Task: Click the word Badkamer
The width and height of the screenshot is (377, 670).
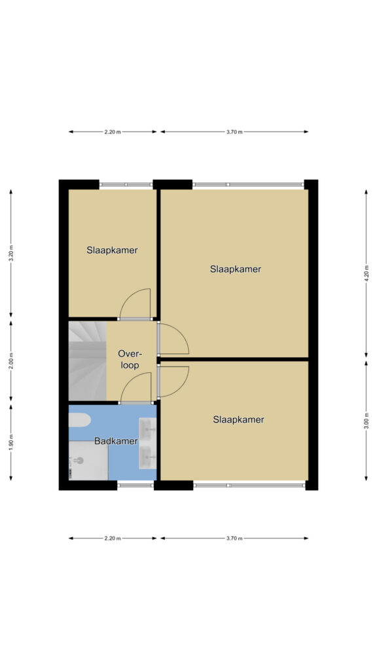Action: click(x=116, y=442)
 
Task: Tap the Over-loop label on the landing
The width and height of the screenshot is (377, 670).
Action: click(x=130, y=360)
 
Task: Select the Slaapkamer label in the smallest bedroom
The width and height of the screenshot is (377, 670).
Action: click(x=112, y=251)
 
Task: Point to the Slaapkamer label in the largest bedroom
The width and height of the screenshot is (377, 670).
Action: click(x=236, y=269)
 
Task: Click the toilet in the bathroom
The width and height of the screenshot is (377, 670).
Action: click(x=79, y=420)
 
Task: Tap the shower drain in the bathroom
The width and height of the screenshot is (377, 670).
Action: click(x=78, y=461)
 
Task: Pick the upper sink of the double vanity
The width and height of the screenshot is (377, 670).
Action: click(x=148, y=429)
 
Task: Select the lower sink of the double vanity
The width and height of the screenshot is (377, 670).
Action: click(x=148, y=457)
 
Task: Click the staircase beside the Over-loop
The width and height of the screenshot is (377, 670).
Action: click(x=88, y=361)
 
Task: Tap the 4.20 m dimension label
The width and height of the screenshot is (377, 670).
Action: click(x=366, y=273)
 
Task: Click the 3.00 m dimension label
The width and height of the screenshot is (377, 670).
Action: click(x=366, y=421)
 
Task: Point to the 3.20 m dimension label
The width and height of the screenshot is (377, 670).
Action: click(x=11, y=253)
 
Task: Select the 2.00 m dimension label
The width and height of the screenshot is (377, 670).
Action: click(x=11, y=361)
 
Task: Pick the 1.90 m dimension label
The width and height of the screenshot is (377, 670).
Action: click(x=11, y=442)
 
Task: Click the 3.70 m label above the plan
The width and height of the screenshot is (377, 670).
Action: click(x=234, y=132)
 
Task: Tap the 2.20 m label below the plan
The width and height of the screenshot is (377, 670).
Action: click(x=113, y=538)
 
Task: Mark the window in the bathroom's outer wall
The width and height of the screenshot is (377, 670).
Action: click(x=135, y=485)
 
